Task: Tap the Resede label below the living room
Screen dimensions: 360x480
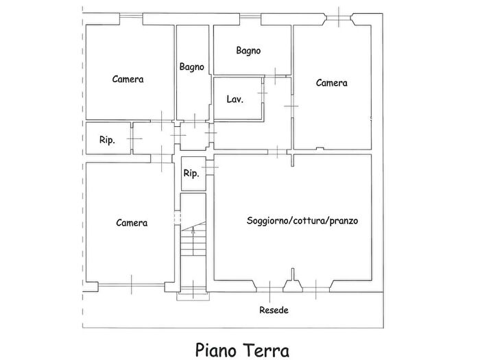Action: click(274, 310)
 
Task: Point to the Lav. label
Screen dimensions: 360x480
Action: click(235, 99)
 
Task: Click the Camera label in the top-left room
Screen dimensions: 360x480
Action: click(128, 79)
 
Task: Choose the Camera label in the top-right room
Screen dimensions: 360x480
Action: click(331, 82)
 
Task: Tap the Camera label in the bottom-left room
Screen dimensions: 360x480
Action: click(131, 222)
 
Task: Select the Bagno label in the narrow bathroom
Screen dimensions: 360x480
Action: click(192, 67)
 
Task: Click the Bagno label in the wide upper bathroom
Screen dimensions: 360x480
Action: click(248, 50)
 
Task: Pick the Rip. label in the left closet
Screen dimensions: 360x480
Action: click(107, 140)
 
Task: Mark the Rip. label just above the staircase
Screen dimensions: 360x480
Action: click(191, 173)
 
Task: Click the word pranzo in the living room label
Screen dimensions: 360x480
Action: click(344, 221)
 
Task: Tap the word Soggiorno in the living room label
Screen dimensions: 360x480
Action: click(267, 221)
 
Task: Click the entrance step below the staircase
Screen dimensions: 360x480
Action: click(192, 297)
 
